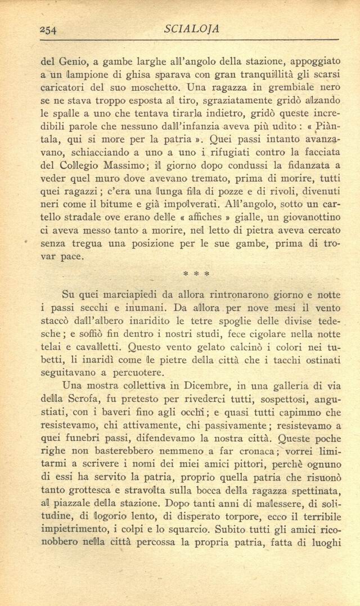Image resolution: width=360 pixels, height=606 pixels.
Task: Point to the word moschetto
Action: (155, 88)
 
